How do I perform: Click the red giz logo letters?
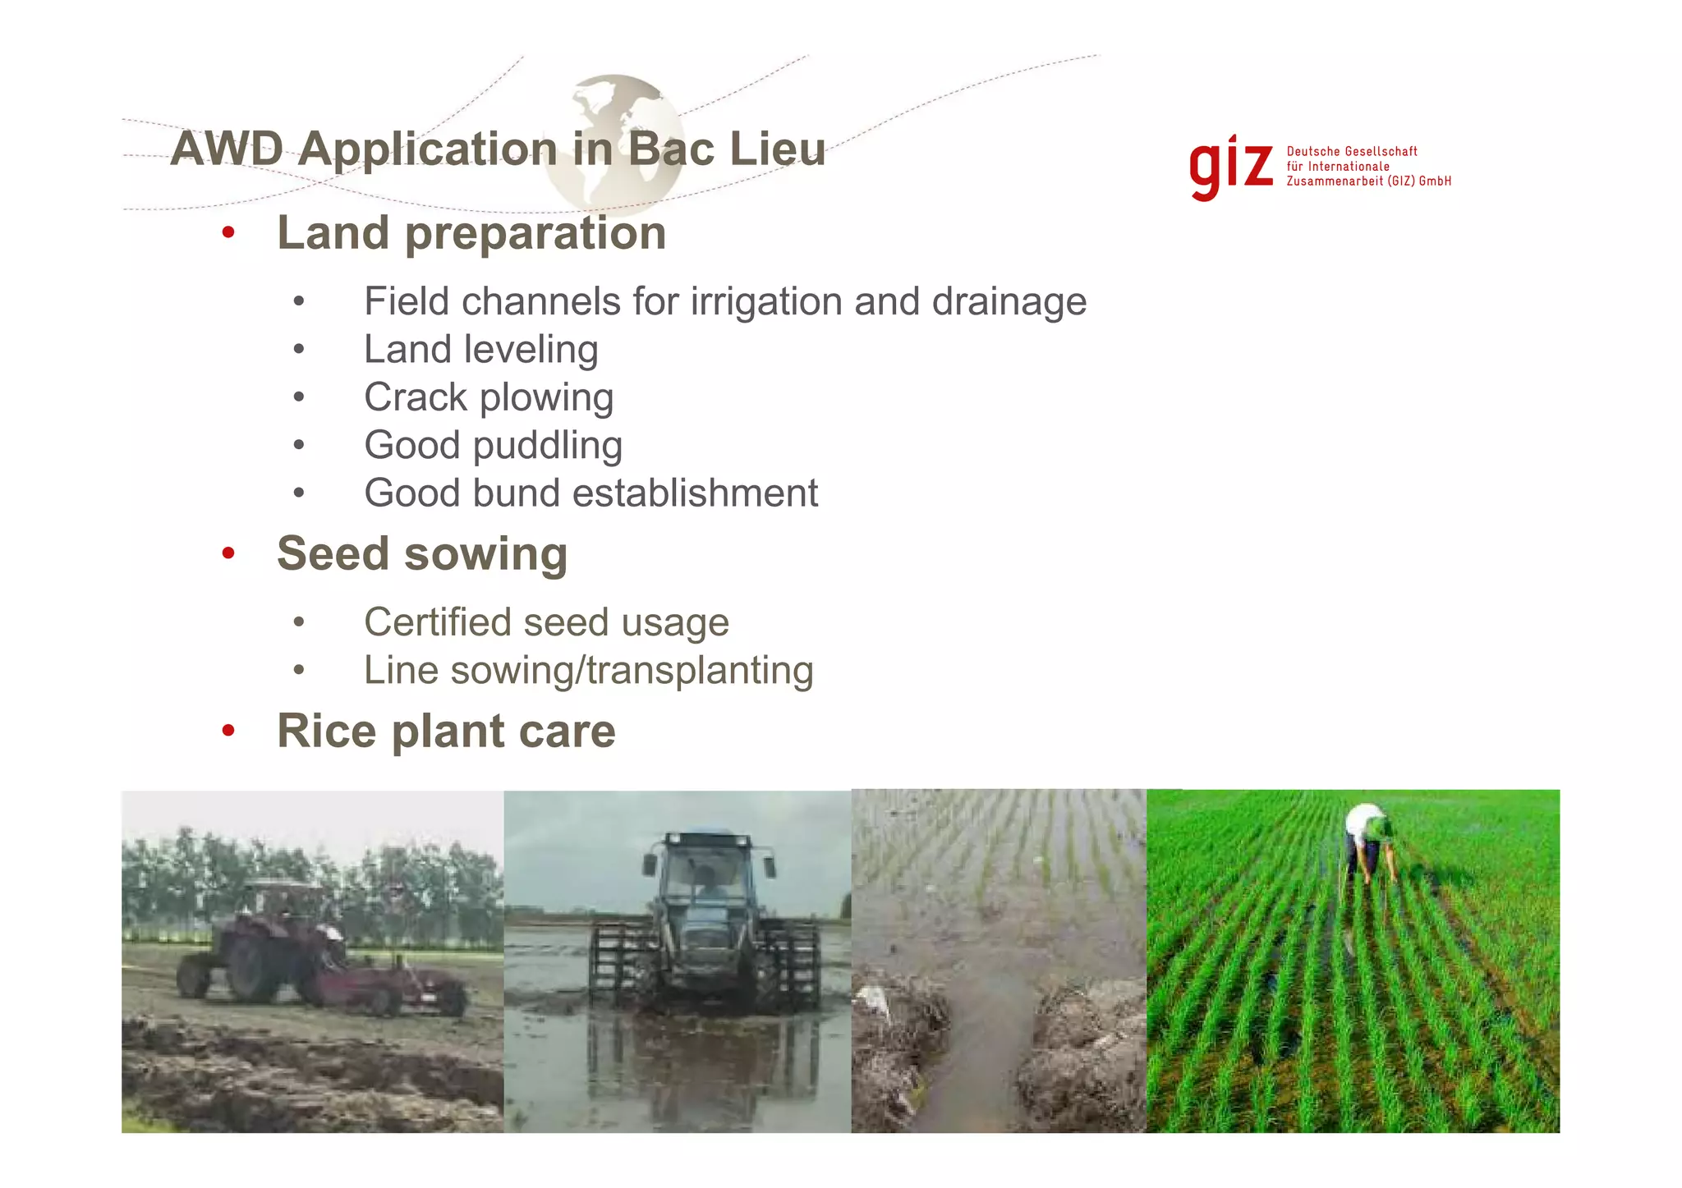(1230, 167)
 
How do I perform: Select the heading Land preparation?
(471, 233)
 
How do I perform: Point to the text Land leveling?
(480, 350)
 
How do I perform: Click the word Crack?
(415, 397)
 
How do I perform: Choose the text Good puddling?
(493, 445)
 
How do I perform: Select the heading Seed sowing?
(422, 554)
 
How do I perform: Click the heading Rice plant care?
(446, 731)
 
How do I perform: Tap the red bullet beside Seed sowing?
(228, 553)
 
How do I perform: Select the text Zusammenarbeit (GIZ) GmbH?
(1368, 181)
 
